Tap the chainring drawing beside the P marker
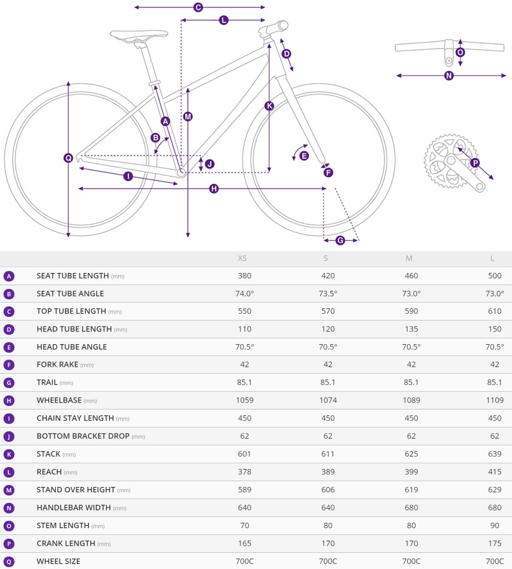point(447,161)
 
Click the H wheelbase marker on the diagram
point(214,189)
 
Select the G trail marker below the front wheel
point(340,240)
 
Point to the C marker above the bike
point(198,8)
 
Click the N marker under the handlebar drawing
point(449,76)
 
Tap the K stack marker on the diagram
point(269,106)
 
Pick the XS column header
point(242,258)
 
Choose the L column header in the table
point(492,258)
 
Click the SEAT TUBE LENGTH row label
point(73,276)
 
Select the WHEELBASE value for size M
point(411,400)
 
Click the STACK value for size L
point(494,454)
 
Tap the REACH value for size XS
point(244,472)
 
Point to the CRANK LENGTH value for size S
point(328,543)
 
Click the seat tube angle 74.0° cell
point(244,294)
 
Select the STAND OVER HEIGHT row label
point(76,490)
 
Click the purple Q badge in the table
point(9,562)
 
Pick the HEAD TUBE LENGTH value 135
point(411,329)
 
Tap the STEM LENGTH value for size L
point(494,525)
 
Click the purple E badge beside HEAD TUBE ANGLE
point(9,347)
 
